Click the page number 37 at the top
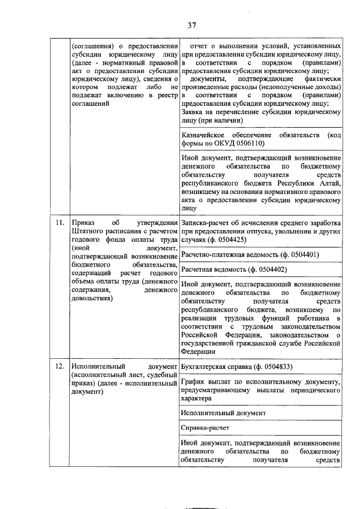[x=191, y=25]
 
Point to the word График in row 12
[x=194, y=382]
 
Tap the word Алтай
[x=330, y=183]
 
